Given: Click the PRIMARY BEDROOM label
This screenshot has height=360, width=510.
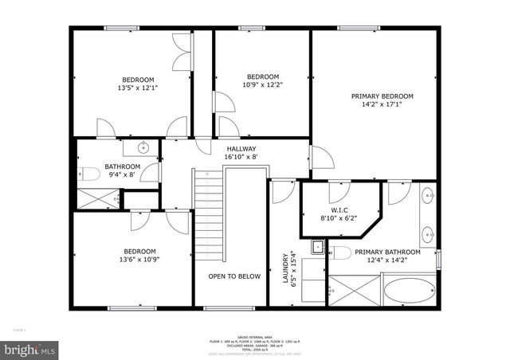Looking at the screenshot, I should pyautogui.click(x=377, y=96).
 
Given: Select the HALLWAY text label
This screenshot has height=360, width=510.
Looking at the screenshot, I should pyautogui.click(x=241, y=149).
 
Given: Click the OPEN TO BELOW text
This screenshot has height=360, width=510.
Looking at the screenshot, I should pyautogui.click(x=234, y=276).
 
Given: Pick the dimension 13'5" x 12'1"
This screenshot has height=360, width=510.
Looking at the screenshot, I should pyautogui.click(x=138, y=88).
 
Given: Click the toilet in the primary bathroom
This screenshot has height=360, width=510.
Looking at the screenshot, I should pyautogui.click(x=341, y=253).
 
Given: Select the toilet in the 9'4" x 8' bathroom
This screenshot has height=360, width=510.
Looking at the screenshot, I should pyautogui.click(x=90, y=174).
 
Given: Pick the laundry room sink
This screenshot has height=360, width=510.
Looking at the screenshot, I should pyautogui.click(x=316, y=246).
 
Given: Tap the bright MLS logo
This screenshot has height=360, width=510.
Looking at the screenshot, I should pyautogui.click(x=30, y=349).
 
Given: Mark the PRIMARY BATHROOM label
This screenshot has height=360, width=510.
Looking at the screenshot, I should pyautogui.click(x=393, y=252).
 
